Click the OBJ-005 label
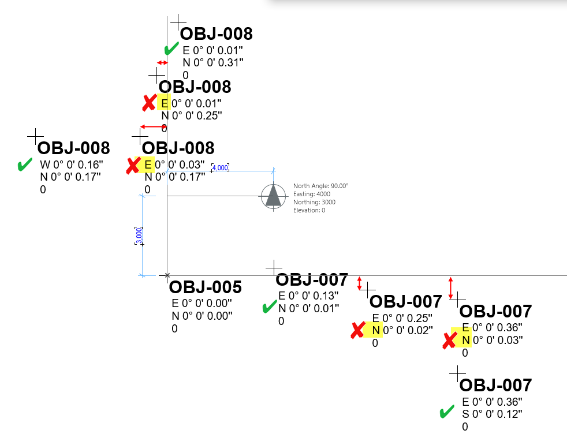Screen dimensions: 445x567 [205, 287]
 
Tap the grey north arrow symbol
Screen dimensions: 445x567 [273, 196]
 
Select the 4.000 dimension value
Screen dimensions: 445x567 [221, 167]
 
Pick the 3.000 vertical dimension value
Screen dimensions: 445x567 [139, 235]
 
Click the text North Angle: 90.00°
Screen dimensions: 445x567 [320, 186]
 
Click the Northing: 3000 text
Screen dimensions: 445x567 [314, 202]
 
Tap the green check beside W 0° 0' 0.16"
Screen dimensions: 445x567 [24, 165]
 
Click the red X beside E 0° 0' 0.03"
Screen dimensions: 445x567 [134, 166]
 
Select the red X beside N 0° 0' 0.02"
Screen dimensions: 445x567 [358, 331]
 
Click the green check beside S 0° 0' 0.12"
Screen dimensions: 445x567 [446, 412]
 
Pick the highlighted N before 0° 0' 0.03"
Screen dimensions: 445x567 [465, 340]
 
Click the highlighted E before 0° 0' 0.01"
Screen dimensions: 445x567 [165, 104]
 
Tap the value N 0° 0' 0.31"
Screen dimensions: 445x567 [213, 62]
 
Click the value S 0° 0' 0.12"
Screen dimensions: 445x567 [492, 414]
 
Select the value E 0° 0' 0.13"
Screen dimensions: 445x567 [309, 296]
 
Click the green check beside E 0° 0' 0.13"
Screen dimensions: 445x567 [268, 307]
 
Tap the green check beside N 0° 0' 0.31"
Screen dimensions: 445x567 [171, 49]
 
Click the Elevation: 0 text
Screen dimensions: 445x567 [309, 210]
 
